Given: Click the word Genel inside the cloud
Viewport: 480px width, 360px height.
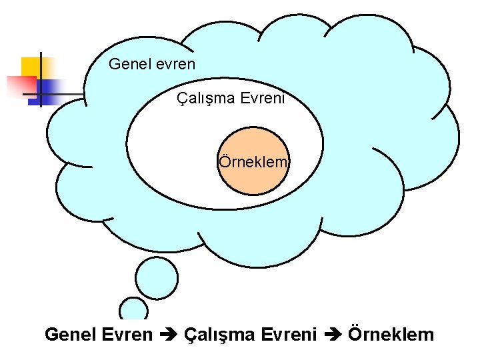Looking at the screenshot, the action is pyautogui.click(x=125, y=64).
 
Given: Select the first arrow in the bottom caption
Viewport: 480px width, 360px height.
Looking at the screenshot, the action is pyautogui.click(x=167, y=335).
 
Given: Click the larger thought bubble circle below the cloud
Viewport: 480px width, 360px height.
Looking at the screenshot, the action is pyautogui.click(x=156, y=277).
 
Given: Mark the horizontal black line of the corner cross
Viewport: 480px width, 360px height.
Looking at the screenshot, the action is pyautogui.click(x=57, y=95).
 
